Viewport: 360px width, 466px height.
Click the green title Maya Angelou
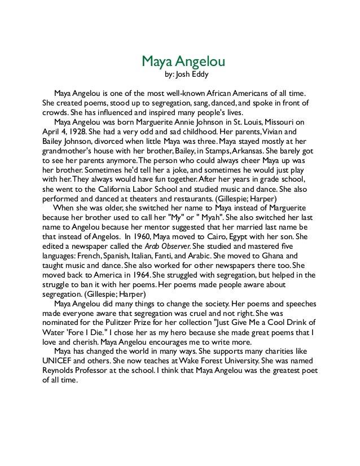pyautogui.click(x=179, y=60)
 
